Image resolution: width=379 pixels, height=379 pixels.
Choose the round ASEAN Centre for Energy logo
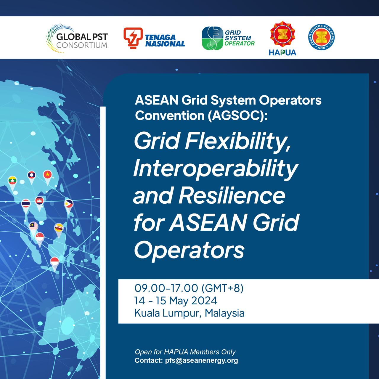click(321, 37)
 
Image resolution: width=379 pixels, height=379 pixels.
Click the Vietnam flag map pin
click(47, 175)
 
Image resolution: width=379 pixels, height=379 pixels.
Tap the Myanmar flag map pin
click(12, 181)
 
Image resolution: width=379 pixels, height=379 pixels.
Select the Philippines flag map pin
click(69, 204)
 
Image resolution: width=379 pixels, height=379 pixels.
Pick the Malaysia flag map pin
click(33, 227)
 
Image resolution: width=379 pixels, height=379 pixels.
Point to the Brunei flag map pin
click(59, 228)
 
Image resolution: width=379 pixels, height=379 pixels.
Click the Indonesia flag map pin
click(55, 261)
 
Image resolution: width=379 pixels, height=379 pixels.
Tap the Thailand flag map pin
click(26, 204)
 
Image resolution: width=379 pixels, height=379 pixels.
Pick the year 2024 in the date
click(204, 301)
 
